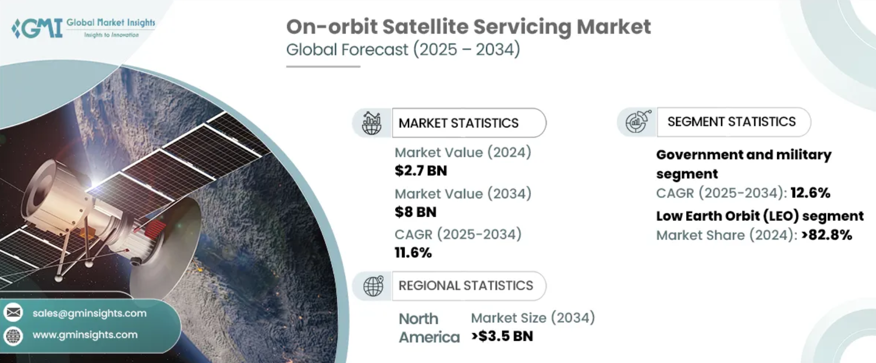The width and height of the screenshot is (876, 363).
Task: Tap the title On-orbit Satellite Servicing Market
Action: pyautogui.click(x=468, y=27)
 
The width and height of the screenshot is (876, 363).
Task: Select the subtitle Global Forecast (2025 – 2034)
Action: pyautogui.click(x=403, y=50)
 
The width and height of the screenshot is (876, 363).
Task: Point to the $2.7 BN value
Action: pyautogui.click(x=421, y=171)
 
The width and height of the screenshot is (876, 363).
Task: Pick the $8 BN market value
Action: pyautogui.click(x=415, y=212)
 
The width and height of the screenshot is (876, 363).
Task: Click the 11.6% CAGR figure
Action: pyautogui.click(x=413, y=252)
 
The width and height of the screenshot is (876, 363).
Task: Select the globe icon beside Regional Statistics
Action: pyautogui.click(x=373, y=286)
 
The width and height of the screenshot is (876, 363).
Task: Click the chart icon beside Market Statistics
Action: pyautogui.click(x=372, y=123)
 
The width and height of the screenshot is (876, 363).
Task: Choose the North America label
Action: pyautogui.click(x=429, y=328)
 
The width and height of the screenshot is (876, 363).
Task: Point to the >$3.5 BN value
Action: pyautogui.click(x=502, y=336)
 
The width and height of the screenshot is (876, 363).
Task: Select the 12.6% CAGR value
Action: pyautogui.click(x=810, y=193)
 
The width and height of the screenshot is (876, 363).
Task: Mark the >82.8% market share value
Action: pyautogui.click(x=826, y=235)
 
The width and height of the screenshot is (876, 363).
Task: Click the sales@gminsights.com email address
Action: pyautogui.click(x=90, y=313)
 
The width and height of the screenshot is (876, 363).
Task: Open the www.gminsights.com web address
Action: pyautogui.click(x=85, y=335)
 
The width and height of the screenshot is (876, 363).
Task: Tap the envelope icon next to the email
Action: pyautogui.click(x=13, y=313)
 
